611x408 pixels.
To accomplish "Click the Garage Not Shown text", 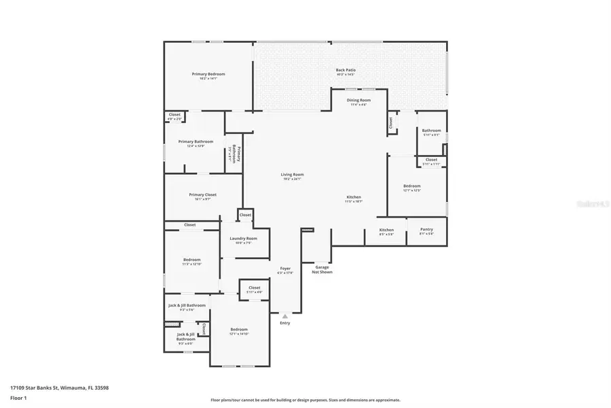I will pyautogui.click(x=322, y=269).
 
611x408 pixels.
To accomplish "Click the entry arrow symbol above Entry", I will pyautogui.click(x=285, y=316).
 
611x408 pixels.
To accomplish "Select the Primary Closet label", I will pyautogui.click(x=202, y=197).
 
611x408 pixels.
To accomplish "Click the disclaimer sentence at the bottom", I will pyautogui.click(x=305, y=400).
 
